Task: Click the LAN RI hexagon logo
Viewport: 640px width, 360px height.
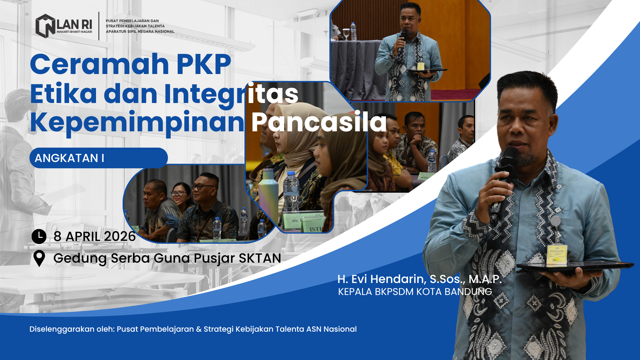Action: click(x=45, y=26)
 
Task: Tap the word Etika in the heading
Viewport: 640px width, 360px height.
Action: click(x=63, y=94)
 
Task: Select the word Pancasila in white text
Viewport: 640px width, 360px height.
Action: click(x=319, y=122)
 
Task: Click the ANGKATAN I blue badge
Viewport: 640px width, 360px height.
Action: click(x=99, y=158)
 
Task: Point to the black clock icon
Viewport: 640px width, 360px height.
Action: click(x=39, y=236)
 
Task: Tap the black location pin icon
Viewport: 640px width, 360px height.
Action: click(x=39, y=258)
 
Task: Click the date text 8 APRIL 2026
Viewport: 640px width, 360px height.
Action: click(x=95, y=237)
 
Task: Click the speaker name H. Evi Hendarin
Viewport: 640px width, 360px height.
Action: click(x=382, y=279)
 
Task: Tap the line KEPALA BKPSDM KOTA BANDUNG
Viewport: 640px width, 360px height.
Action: click(x=415, y=292)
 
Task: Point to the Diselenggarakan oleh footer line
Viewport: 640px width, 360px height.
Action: click(x=193, y=329)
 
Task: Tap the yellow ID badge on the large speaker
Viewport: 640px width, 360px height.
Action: click(x=557, y=255)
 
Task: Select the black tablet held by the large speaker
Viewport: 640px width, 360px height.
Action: click(x=575, y=267)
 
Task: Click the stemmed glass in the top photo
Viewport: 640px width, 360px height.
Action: click(x=346, y=34)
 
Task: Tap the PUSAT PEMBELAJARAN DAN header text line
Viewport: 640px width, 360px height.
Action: click(x=132, y=21)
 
